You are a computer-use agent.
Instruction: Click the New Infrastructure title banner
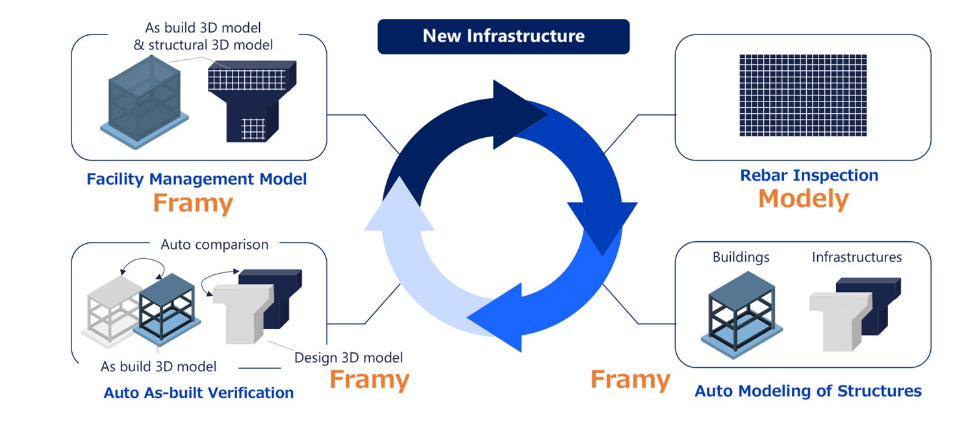(503, 36)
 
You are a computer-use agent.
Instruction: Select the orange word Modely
(804, 198)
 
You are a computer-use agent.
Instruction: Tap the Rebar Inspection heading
(809, 176)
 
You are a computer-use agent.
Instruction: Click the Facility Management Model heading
(196, 179)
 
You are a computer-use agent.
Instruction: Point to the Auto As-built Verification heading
(199, 393)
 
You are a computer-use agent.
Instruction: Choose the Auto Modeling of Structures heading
(808, 391)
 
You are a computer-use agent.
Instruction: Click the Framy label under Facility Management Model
(192, 203)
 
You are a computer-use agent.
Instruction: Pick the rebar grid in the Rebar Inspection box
(803, 95)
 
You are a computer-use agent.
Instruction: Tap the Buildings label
(741, 257)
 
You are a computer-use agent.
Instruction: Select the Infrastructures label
(856, 257)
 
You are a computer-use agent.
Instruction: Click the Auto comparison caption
(214, 245)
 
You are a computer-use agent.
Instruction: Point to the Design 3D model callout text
(348, 358)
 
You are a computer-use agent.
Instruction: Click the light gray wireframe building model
(112, 306)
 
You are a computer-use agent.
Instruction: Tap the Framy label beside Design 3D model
(369, 379)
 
